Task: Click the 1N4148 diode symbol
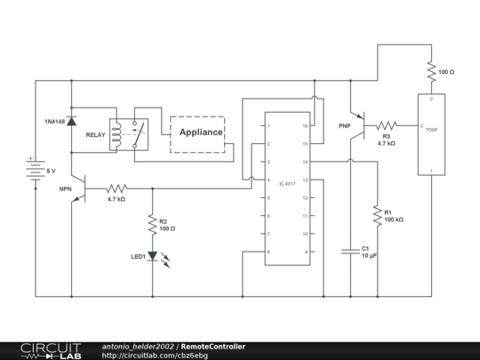point(71,121)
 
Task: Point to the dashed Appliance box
point(196,133)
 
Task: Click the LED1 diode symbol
point(152,257)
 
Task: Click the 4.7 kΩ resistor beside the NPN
point(116,188)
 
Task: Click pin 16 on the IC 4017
point(305,127)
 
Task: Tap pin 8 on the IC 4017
point(268,252)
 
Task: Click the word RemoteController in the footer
point(214,346)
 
